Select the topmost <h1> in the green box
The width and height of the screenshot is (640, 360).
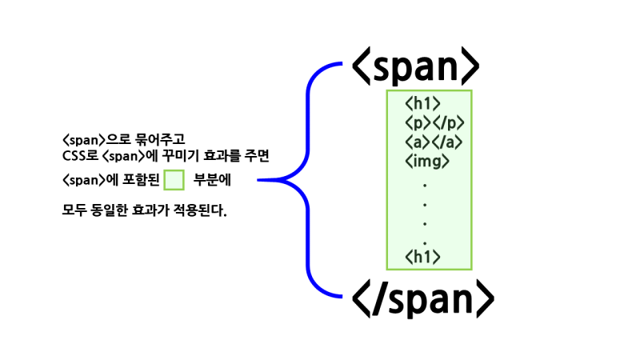[x=423, y=103]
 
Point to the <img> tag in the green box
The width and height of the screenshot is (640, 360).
[x=427, y=161]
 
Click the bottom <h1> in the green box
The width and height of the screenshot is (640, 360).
[x=423, y=257]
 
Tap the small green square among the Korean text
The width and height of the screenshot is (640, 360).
[x=174, y=180]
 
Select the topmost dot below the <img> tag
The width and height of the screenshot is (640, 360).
[x=425, y=185]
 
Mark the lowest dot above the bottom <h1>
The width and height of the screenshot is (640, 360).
[x=425, y=240]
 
